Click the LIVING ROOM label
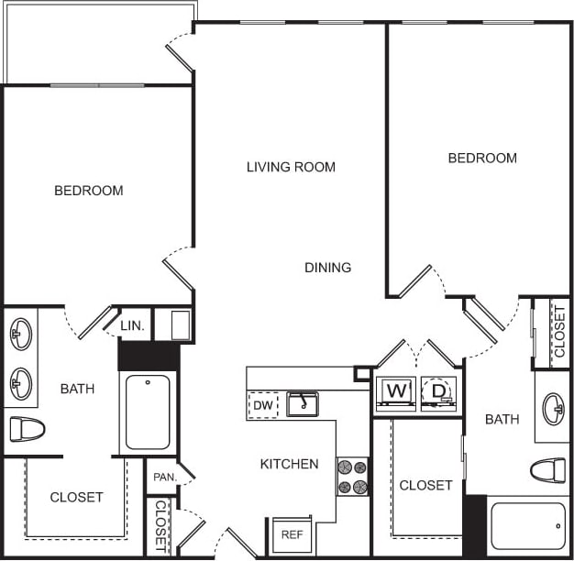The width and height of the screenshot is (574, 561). [291, 167]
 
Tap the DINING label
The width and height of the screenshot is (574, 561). [327, 268]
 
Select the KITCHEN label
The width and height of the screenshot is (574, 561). [289, 464]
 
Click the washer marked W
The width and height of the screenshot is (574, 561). [396, 392]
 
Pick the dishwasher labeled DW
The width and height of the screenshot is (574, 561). [263, 404]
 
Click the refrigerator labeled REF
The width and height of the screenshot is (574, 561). [292, 534]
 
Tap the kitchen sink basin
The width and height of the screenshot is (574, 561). [302, 403]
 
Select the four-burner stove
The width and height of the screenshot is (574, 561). [352, 477]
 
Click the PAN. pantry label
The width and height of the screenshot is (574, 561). [165, 477]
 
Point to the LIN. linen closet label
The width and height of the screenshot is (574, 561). [132, 324]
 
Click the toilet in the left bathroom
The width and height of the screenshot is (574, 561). [27, 428]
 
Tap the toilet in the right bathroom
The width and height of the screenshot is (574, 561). [548, 470]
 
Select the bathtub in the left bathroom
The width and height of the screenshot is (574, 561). [148, 412]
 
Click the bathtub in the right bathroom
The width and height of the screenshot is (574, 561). [528, 526]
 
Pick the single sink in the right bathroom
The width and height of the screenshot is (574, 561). [553, 408]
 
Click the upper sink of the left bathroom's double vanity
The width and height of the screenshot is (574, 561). [20, 334]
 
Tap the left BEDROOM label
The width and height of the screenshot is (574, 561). [89, 191]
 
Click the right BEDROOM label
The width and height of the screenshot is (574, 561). [482, 158]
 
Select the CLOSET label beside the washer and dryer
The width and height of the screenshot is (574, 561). [425, 485]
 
